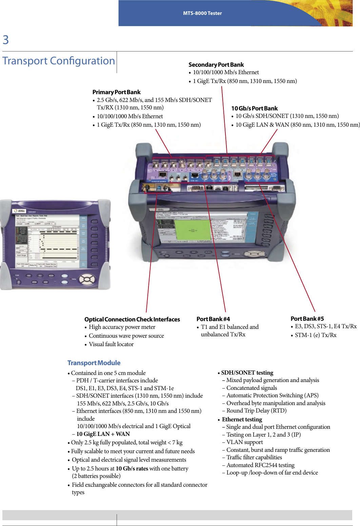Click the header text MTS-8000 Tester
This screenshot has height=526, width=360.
point(202,13)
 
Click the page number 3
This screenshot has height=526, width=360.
point(6,40)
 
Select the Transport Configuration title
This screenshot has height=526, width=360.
point(59,61)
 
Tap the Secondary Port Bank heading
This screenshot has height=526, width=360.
point(216,65)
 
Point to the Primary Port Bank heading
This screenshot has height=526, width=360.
point(116,92)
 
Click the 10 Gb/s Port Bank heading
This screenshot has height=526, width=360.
point(254,108)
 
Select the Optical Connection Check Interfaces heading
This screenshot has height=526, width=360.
point(132,319)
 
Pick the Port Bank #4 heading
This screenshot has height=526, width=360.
point(213,319)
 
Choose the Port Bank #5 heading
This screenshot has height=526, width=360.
point(307,319)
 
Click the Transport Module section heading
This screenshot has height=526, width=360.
point(94,363)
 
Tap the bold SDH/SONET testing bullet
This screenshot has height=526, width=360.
point(247,373)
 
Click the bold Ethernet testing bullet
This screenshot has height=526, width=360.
point(242,419)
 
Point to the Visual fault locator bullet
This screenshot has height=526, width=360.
point(111,344)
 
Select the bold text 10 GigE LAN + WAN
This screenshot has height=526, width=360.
point(103,434)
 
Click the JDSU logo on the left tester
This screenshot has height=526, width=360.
point(20,211)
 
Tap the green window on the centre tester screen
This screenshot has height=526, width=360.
point(192,230)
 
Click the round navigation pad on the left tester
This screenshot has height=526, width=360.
point(87,279)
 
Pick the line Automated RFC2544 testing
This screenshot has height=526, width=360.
point(260,465)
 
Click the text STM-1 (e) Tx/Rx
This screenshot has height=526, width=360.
point(316,335)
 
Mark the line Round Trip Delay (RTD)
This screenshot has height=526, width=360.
point(256,411)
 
